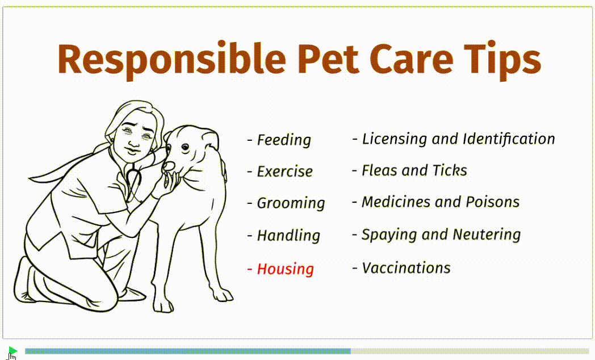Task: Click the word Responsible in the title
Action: tap(171, 60)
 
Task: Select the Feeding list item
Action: tap(279, 140)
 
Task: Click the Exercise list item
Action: tap(280, 171)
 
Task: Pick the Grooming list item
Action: tap(286, 203)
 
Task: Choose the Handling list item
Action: tap(284, 236)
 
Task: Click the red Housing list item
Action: tap(281, 269)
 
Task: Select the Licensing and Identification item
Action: tap(454, 139)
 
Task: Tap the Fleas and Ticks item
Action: tap(410, 171)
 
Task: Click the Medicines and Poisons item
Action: tap(436, 202)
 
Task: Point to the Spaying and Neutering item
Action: tap(437, 235)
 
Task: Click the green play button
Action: tap(12, 351)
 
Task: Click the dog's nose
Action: tap(169, 166)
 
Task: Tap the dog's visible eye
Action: tap(185, 147)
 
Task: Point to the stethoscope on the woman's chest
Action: tap(133, 178)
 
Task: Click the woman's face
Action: tap(134, 137)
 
